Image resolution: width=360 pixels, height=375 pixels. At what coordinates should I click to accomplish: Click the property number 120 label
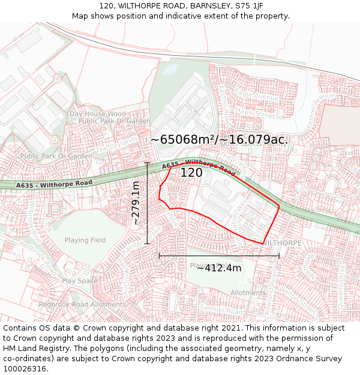pyautogui.click(x=191, y=173)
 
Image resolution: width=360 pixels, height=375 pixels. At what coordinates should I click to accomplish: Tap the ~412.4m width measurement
pyautogui.click(x=219, y=268)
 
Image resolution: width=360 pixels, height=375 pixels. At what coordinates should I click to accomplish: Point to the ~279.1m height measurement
pyautogui.click(x=136, y=203)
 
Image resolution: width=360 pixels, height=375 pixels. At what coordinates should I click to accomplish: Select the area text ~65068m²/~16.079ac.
pyautogui.click(x=219, y=140)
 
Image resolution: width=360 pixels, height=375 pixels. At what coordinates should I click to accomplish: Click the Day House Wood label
pyautogui.click(x=98, y=113)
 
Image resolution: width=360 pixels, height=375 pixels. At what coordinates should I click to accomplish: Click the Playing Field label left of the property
pyautogui.click(x=85, y=240)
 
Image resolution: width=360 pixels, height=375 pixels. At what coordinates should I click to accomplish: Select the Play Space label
pyautogui.click(x=79, y=281)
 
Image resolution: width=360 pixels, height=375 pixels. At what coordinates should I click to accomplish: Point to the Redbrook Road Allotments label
pyautogui.click(x=74, y=305)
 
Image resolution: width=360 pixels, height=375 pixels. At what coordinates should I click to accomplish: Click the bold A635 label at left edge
pyautogui.click(x=25, y=185)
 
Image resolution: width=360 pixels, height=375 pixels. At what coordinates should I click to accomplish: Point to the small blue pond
pyautogui.click(x=170, y=69)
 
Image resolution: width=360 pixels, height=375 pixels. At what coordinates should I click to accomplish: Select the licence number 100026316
pyautogui.click(x=26, y=368)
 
